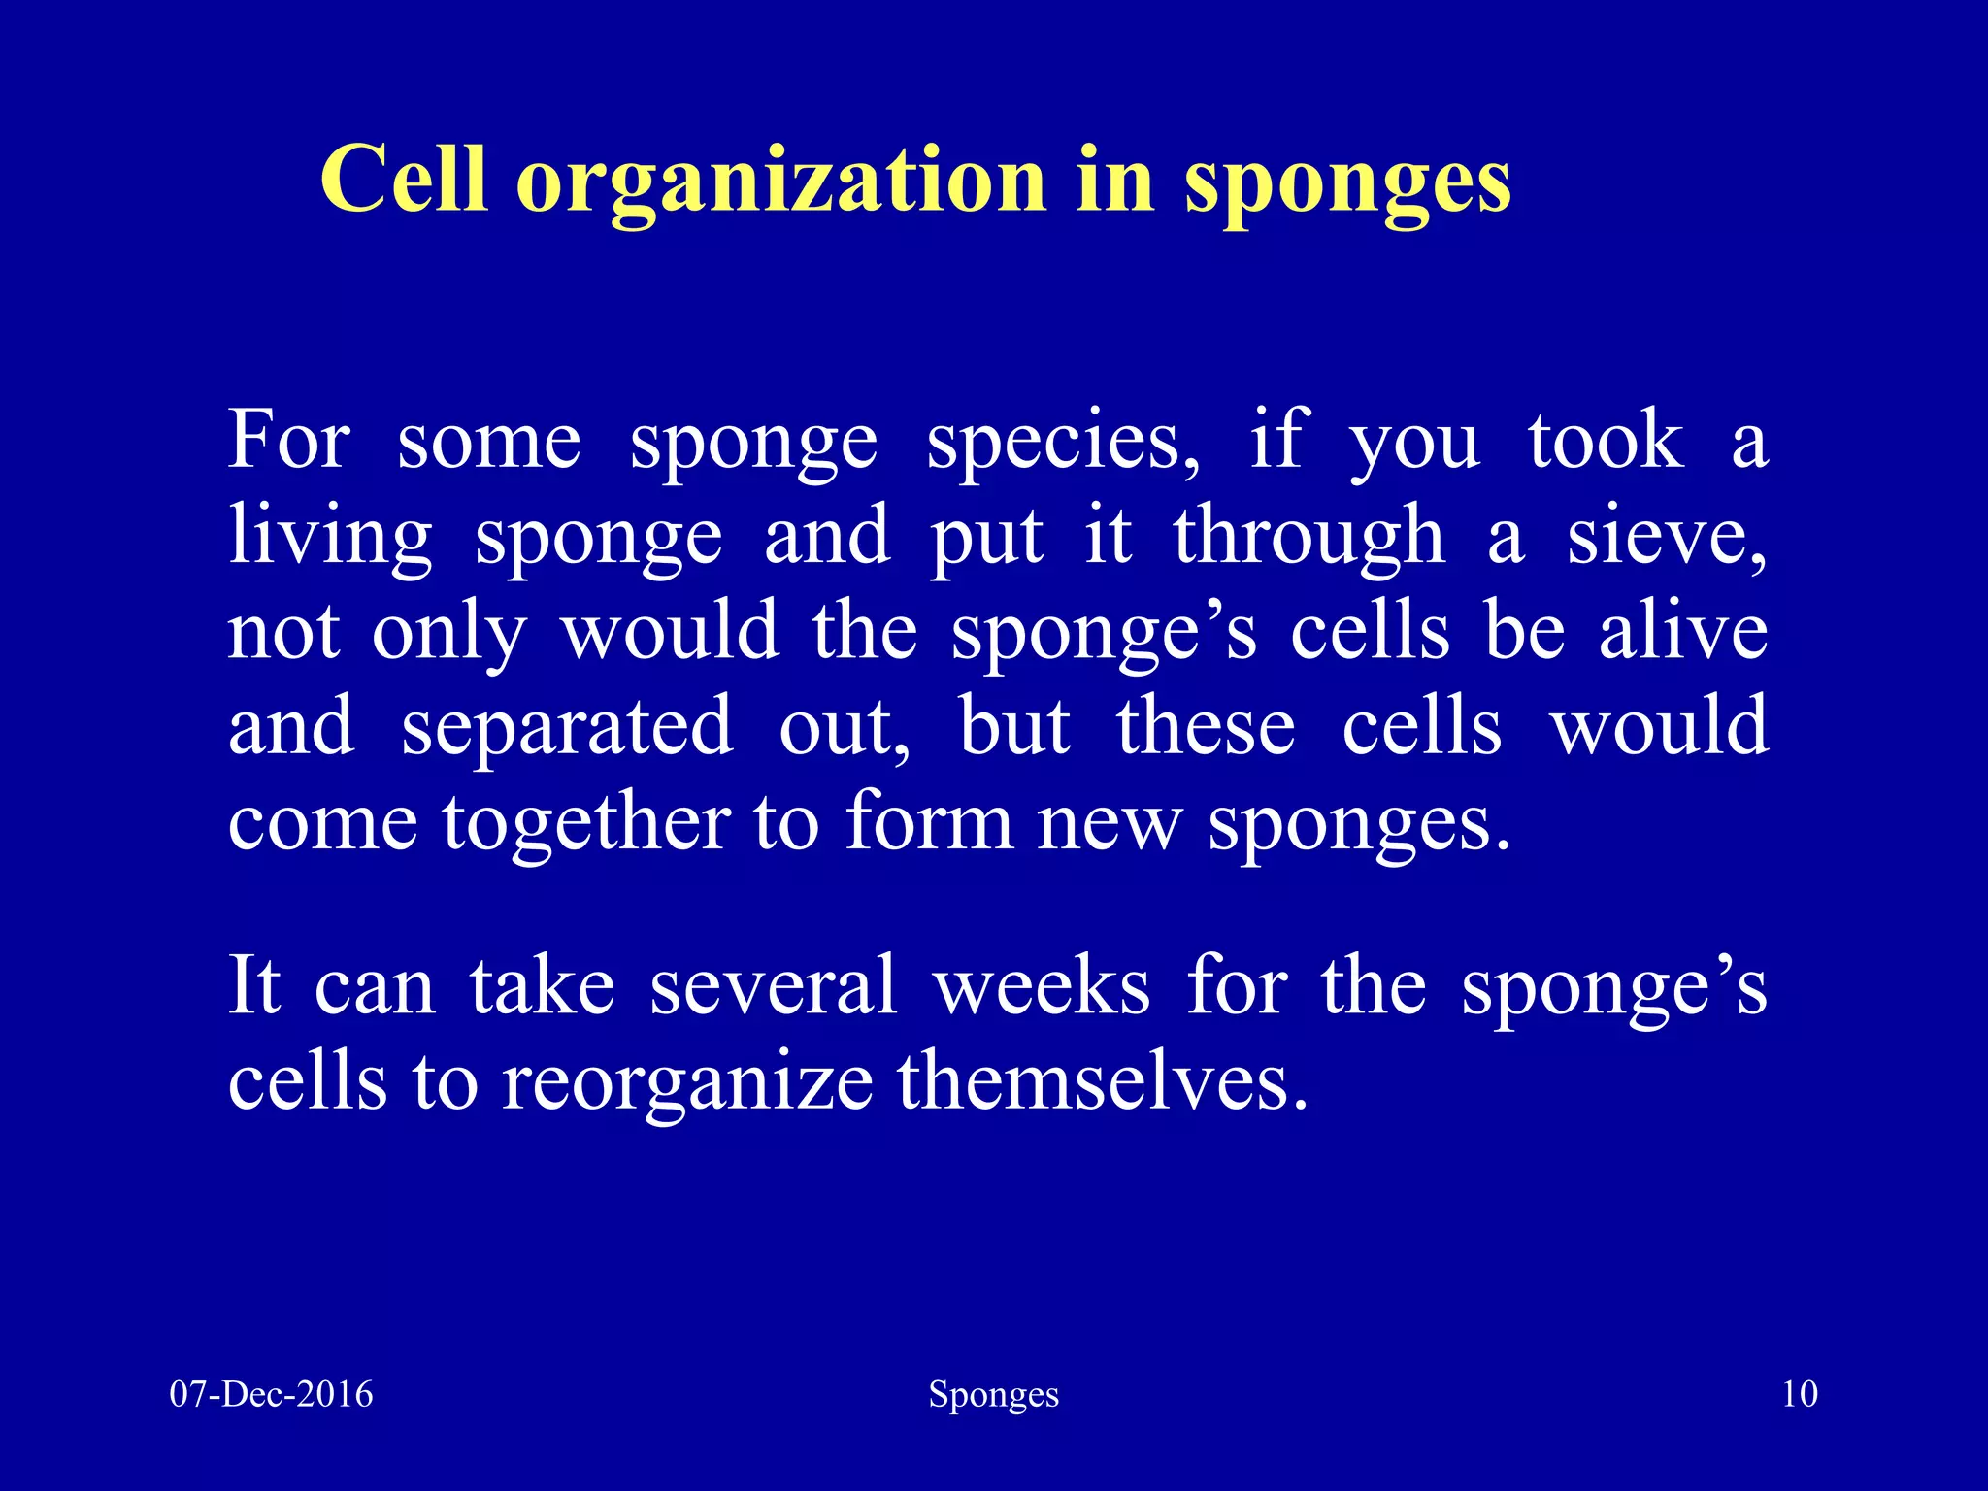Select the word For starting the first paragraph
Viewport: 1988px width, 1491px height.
[288, 442]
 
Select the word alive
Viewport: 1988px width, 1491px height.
[1683, 632]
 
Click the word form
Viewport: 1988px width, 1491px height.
[928, 822]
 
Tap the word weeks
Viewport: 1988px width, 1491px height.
[1042, 986]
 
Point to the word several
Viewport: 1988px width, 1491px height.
[773, 986]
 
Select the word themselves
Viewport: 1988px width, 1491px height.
[1102, 1081]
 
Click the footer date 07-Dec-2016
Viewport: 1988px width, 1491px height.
[271, 1394]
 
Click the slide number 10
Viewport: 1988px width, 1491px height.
[1800, 1394]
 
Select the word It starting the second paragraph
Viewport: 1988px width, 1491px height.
[254, 986]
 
